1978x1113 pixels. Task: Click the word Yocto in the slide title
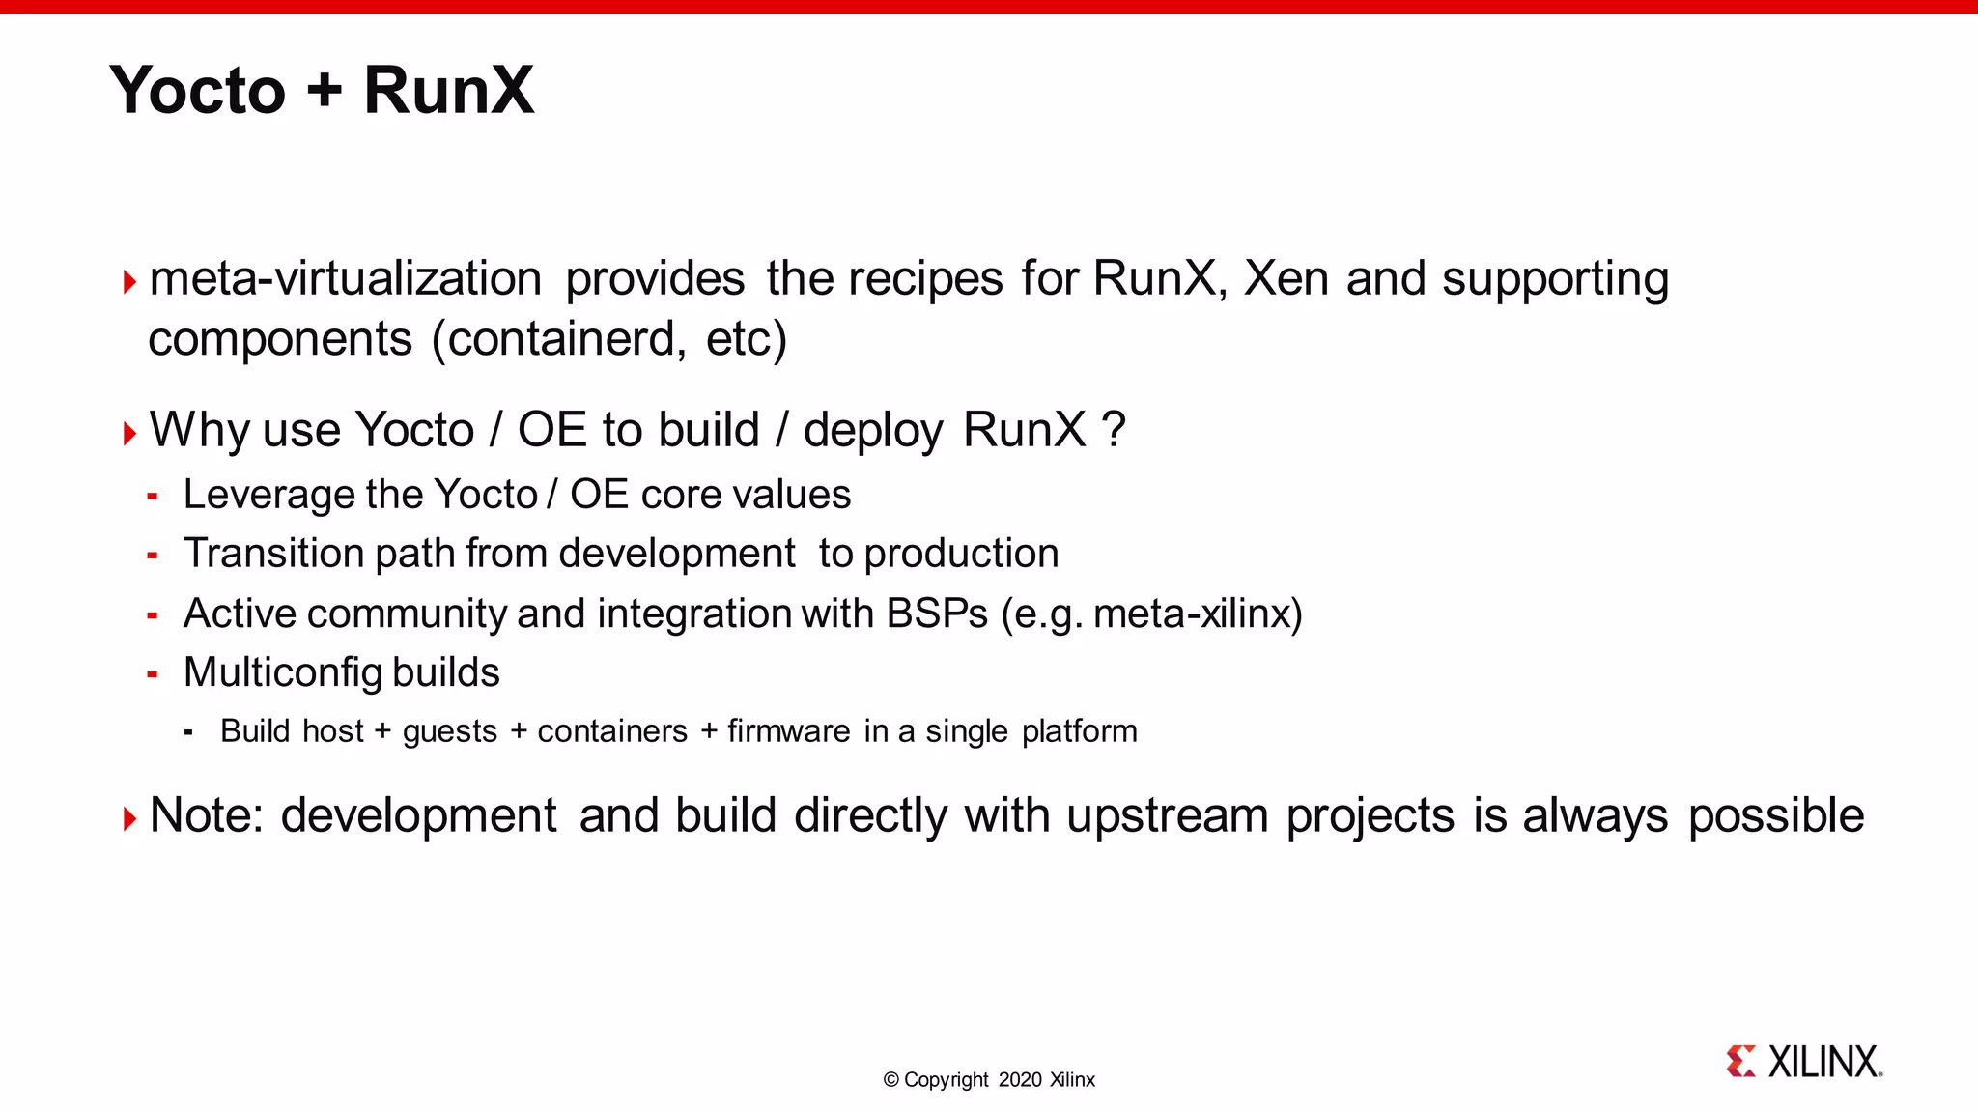198,90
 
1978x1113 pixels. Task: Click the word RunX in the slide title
448,90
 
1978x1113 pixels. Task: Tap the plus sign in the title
325,90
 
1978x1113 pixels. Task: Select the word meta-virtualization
346,279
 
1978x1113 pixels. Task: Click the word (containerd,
559,339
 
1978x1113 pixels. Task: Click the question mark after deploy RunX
1114,430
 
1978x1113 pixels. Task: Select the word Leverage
256,496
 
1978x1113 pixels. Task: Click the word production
961,554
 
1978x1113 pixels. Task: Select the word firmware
789,731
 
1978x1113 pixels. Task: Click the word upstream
1167,815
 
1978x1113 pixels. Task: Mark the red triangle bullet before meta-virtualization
130,282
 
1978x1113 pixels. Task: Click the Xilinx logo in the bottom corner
1803,1062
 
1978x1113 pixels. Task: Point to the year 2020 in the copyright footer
1020,1080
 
